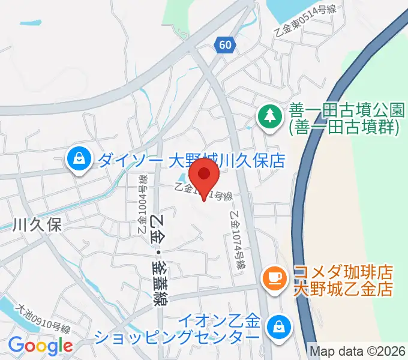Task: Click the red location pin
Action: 204,178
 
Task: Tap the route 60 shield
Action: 224,46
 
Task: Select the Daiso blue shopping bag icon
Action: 78,160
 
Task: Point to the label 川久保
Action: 37,224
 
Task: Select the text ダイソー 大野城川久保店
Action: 190,160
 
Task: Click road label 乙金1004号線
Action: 142,205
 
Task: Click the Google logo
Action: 40,345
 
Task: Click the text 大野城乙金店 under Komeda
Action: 343,289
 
